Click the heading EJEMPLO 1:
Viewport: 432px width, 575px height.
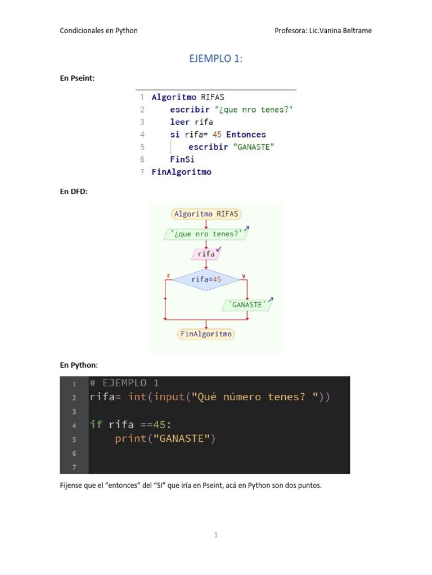coord(216,59)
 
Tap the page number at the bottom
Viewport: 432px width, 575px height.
coord(215,535)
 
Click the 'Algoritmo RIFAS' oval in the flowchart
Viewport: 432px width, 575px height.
coord(206,214)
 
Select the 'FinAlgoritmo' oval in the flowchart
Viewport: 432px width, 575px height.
coord(206,334)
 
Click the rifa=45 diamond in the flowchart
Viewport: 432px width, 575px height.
coord(206,280)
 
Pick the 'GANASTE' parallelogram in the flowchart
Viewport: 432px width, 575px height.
coord(247,305)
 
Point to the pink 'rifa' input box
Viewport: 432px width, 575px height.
coord(206,254)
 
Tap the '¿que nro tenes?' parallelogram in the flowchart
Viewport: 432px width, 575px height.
coord(206,234)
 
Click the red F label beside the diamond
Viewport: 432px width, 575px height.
coord(168,276)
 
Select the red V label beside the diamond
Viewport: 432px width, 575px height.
coord(244,276)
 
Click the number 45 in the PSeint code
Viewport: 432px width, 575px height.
coord(217,135)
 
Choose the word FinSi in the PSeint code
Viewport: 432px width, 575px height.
coord(182,159)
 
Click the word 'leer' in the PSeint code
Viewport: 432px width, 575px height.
coord(180,122)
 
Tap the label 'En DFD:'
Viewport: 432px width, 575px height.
coord(74,191)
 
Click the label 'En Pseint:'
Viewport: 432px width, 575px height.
coord(78,78)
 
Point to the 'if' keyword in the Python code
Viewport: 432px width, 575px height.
coord(96,425)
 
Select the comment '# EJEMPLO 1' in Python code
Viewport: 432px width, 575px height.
coord(124,384)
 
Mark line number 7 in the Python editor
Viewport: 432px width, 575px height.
coord(74,467)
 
